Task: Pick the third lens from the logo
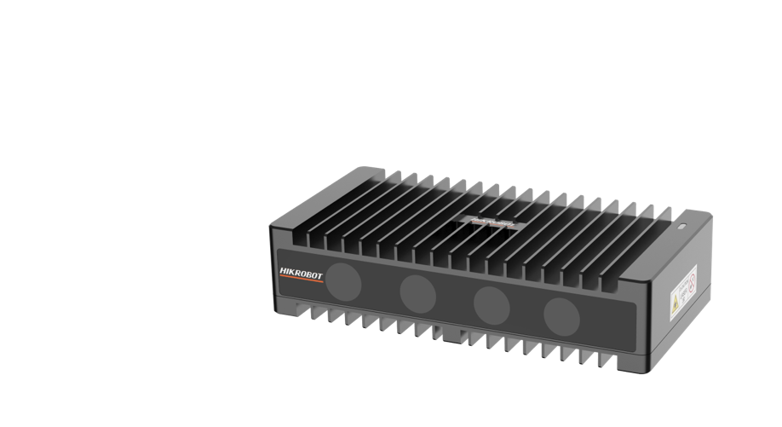pyautogui.click(x=492, y=303)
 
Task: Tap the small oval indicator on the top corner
pyautogui.click(x=680, y=228)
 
